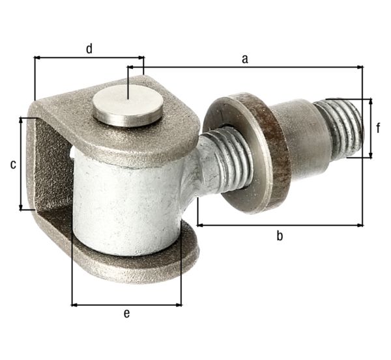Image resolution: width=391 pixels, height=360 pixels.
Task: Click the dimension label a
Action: (245, 59)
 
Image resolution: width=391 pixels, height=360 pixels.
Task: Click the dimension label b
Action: (279, 236)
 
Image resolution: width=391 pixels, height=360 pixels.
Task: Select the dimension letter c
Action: (12, 165)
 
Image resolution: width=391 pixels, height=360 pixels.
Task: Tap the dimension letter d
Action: (89, 48)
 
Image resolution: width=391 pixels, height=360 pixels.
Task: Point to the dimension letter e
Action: (126, 314)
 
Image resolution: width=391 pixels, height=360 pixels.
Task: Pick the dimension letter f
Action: (379, 128)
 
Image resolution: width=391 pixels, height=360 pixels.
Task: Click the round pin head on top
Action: (127, 105)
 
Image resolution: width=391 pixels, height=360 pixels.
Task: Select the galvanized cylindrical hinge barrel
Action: (124, 202)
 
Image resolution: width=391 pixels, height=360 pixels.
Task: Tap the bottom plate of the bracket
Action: (130, 264)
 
